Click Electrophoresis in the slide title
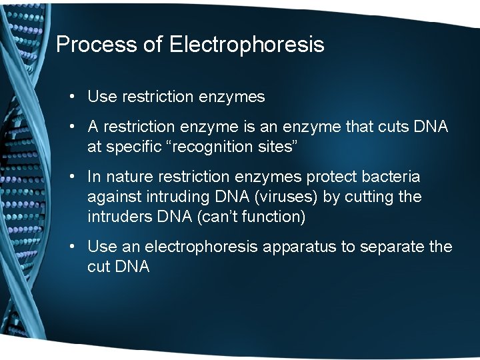coord(247,45)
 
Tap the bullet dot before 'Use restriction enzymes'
coord(72,97)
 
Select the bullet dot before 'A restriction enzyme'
coord(72,127)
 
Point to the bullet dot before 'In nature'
coord(72,177)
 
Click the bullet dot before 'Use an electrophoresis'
coord(72,247)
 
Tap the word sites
coord(280,147)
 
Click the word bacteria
coord(392,177)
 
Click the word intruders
coord(117,217)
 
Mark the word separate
coord(393,247)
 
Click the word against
coord(112,197)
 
